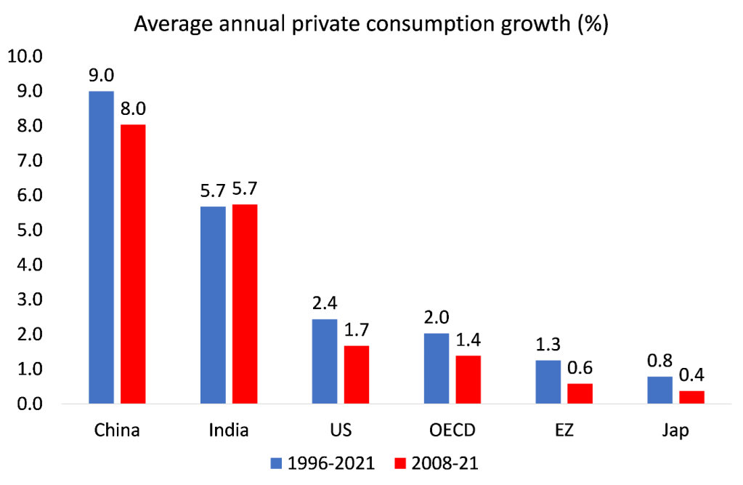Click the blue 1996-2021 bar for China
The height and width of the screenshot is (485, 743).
coord(101,247)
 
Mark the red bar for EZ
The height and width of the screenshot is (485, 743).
coord(580,393)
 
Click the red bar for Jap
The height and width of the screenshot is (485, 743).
coord(692,397)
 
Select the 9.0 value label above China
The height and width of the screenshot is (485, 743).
coord(101,76)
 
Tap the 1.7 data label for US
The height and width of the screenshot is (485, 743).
coord(357,331)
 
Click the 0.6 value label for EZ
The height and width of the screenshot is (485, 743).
coord(580,369)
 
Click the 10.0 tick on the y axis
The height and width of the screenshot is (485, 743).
coord(28,57)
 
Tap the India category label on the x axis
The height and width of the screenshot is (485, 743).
coord(229,430)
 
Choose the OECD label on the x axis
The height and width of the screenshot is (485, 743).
coord(453,430)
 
